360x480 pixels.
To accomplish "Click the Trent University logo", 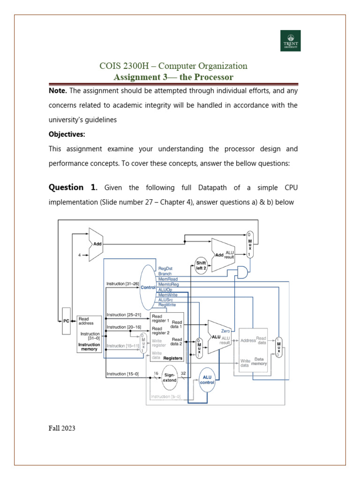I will click(290, 41).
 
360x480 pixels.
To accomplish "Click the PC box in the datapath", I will click(67, 321).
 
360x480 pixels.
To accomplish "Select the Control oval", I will click(148, 287).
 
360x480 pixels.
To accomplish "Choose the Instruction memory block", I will click(89, 333).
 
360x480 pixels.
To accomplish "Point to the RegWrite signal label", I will click(167, 305).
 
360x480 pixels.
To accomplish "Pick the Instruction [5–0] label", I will click(165, 397).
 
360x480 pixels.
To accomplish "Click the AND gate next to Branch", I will click(243, 273).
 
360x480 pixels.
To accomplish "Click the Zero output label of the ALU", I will click(225, 331).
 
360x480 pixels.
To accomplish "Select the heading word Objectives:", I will click(67, 134).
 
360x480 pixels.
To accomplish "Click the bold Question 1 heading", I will click(73, 187).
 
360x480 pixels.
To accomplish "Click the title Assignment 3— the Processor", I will click(173, 77).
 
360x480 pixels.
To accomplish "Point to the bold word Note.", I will click(58, 90).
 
